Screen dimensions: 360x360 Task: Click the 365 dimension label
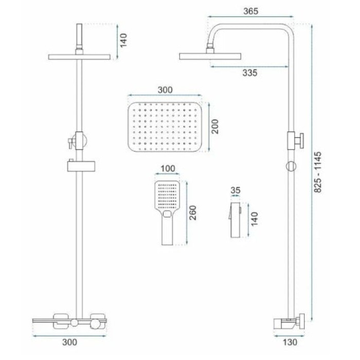coord(251,11)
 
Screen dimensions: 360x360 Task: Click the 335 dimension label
coord(250,73)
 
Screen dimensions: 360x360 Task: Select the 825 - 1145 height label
coord(318,172)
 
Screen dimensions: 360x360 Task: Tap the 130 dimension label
coord(290,343)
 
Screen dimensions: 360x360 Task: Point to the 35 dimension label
coord(236,190)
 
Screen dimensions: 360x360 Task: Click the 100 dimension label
coord(168,169)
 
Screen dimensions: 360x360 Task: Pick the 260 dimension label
coord(193,213)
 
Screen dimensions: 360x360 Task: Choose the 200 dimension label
coord(215,127)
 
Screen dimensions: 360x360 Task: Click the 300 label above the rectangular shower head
coord(165,90)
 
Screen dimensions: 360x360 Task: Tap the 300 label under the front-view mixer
coord(70,343)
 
